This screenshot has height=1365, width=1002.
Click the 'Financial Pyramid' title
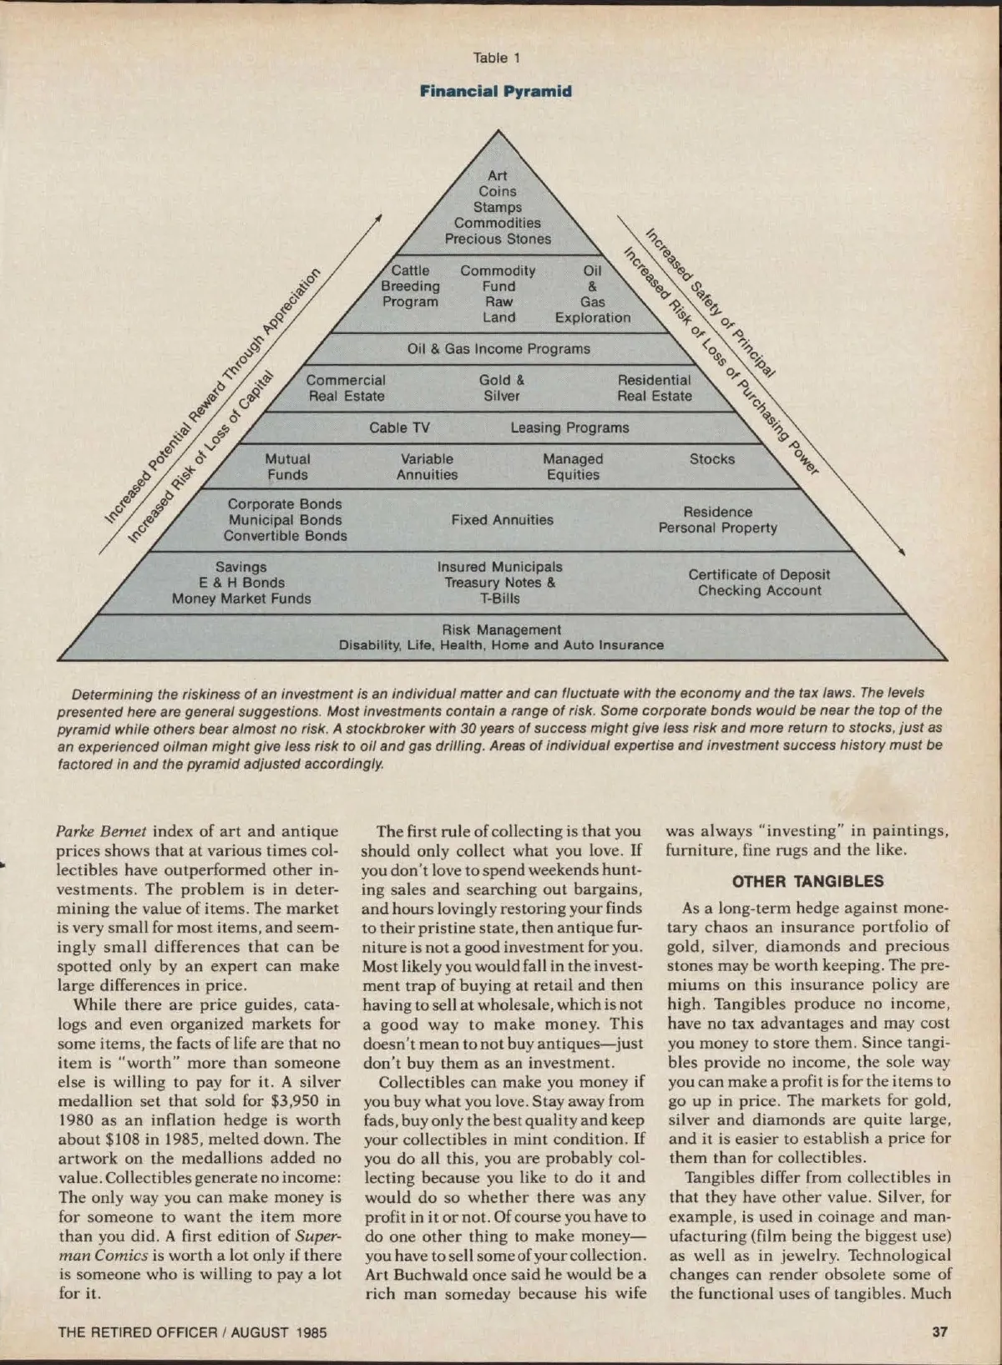point(496,91)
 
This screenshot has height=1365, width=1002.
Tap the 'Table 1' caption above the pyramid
point(496,58)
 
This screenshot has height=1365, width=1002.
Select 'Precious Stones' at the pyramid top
point(498,239)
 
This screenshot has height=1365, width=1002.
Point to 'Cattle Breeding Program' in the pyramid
point(410,286)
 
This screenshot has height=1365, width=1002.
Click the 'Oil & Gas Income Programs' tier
point(498,349)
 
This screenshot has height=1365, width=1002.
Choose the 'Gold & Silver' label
point(502,388)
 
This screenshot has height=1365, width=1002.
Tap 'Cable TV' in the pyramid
point(399,427)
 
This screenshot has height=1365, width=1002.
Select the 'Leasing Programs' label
point(569,427)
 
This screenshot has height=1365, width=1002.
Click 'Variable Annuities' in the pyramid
point(427,467)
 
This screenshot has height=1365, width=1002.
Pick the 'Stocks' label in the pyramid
point(712,459)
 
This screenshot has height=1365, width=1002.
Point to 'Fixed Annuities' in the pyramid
point(502,519)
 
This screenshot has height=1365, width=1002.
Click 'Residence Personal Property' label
point(717,519)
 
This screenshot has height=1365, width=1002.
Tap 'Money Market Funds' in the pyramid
point(241,599)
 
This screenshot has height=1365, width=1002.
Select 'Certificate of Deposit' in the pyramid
point(759,574)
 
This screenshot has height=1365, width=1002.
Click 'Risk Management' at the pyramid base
point(501,629)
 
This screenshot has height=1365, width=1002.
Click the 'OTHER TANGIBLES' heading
point(807,882)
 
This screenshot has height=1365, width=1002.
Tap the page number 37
point(939,1332)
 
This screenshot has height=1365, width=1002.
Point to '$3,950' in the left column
point(298,1101)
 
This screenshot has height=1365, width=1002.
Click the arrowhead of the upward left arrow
point(379,217)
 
